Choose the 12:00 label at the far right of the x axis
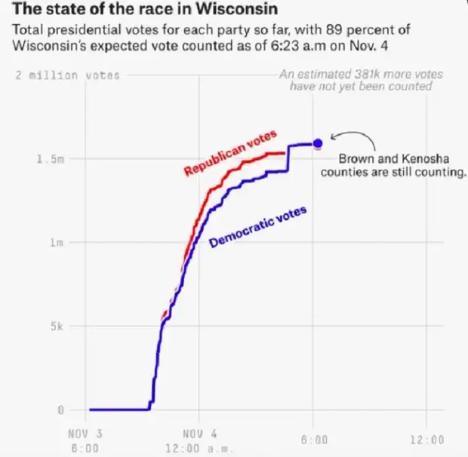427,440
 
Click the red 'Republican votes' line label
230,152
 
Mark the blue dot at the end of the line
317,143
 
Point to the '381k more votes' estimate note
361,80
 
